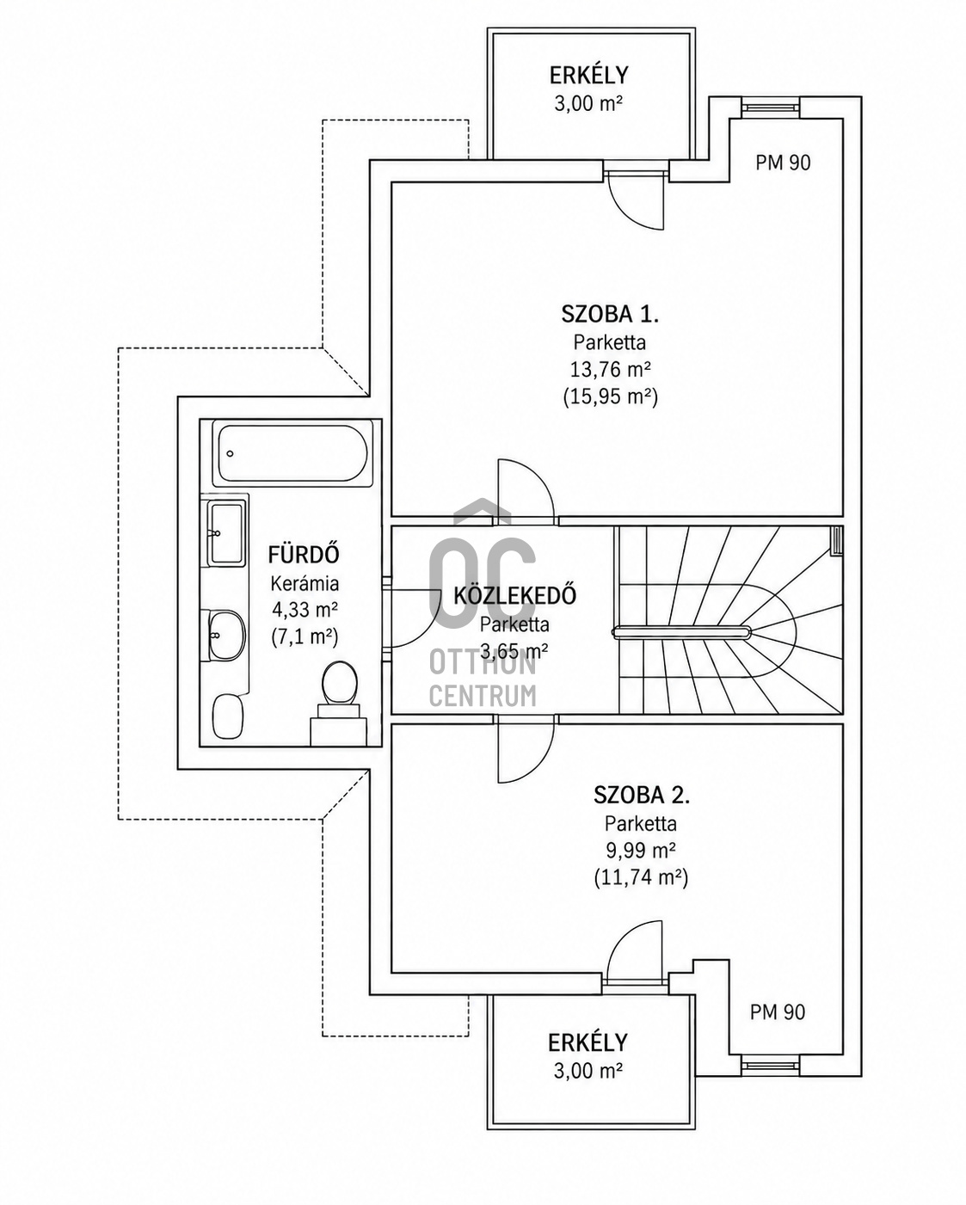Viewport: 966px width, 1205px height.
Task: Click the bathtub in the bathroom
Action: (292, 453)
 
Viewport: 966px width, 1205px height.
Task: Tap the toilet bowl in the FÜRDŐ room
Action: (340, 684)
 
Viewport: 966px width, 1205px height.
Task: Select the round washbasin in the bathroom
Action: (226, 636)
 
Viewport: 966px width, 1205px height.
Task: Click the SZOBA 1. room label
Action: (610, 314)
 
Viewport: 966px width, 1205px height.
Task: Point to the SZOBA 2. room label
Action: (642, 795)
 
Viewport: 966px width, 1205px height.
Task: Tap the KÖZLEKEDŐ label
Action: (514, 595)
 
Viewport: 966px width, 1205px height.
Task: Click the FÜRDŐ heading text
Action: (304, 555)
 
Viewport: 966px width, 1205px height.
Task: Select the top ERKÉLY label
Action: (588, 75)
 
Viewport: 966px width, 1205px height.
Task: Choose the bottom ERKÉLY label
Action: (588, 1042)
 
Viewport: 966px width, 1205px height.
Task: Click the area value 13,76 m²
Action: (610, 370)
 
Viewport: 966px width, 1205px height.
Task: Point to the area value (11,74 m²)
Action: (641, 877)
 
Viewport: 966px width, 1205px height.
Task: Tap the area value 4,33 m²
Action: (305, 608)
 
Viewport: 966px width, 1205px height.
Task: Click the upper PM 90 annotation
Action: (783, 163)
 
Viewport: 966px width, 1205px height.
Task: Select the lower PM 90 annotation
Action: (778, 1011)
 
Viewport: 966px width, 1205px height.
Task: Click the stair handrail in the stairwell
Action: (681, 633)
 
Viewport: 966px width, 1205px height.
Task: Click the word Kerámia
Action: (305, 583)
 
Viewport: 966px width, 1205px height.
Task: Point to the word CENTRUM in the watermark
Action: (483, 696)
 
